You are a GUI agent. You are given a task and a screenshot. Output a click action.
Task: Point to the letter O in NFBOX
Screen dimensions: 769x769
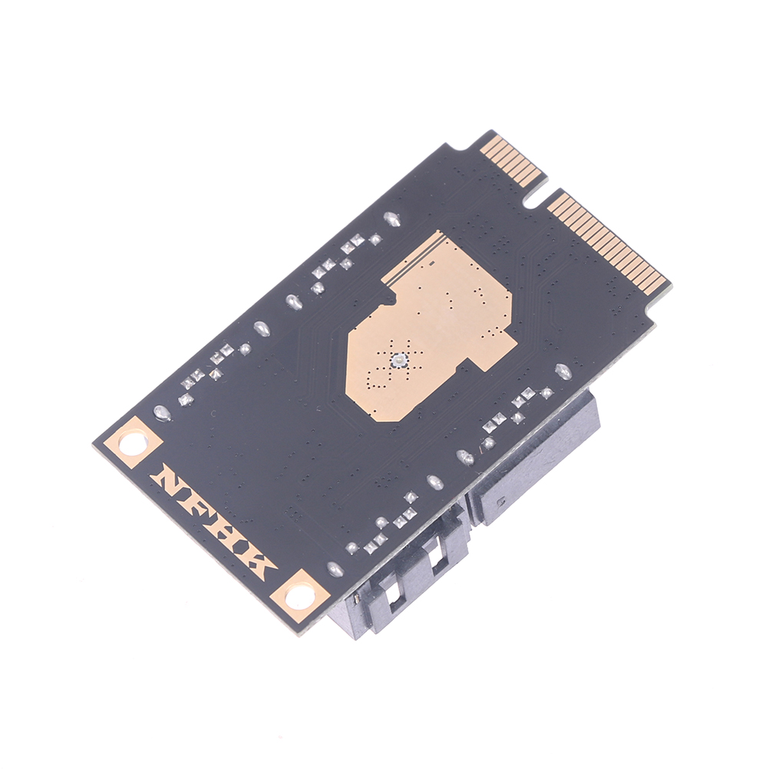click(x=239, y=543)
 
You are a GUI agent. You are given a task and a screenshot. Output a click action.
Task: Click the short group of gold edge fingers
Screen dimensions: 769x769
click(x=513, y=160)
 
